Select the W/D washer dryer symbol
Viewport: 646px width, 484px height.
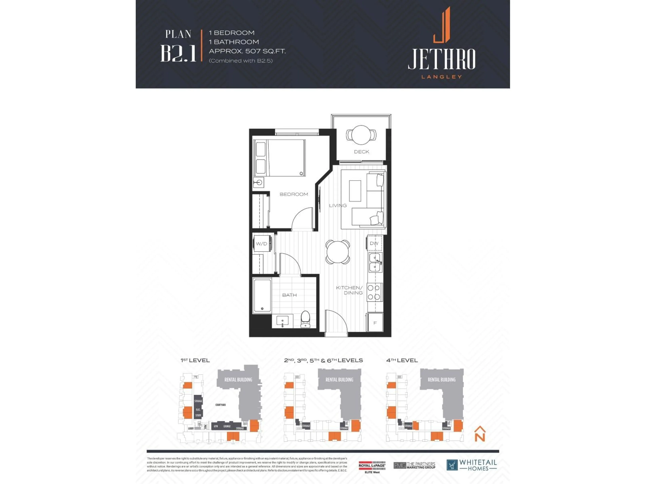tap(262, 244)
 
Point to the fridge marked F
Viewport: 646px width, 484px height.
tap(375, 323)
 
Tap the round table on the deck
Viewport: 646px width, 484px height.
tap(361, 135)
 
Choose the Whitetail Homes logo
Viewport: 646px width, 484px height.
tap(471, 465)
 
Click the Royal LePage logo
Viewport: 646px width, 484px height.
tap(372, 466)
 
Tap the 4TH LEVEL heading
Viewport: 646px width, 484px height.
tap(402, 360)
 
